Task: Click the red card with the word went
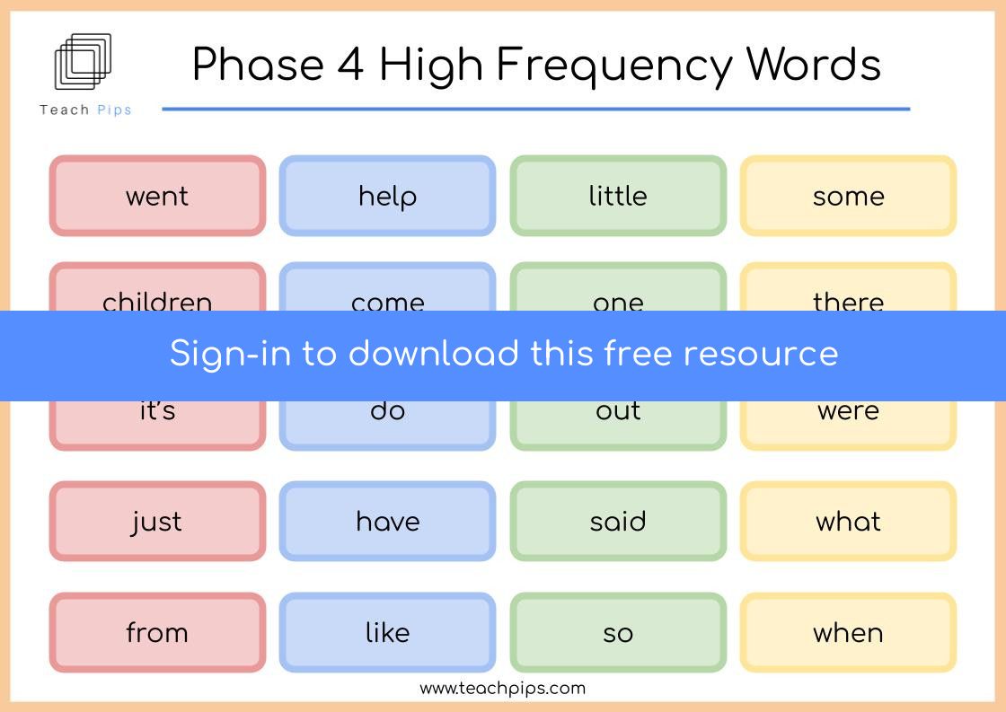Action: (157, 196)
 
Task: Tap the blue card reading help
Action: (387, 196)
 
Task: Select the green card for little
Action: (618, 196)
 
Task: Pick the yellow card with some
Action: (848, 196)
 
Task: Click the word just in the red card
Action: (156, 523)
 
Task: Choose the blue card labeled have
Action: (387, 521)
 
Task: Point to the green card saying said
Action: (618, 521)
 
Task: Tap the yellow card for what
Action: (848, 521)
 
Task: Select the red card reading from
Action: (157, 632)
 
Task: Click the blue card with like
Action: (387, 632)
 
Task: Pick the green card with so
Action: (618, 632)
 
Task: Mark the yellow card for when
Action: (848, 632)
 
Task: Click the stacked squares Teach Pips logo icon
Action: (83, 62)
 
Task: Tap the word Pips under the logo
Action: (114, 110)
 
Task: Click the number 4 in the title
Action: (350, 64)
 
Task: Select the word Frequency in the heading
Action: (613, 66)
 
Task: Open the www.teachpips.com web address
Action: (502, 689)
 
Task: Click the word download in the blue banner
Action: (434, 353)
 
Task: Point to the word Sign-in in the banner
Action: (230, 355)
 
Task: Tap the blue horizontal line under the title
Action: (535, 109)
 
